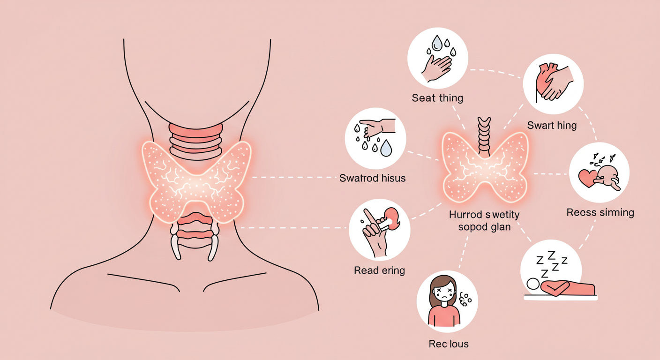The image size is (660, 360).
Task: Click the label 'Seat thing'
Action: point(437,98)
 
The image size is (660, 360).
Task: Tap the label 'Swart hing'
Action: point(552,125)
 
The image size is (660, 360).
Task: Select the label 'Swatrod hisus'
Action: point(372,178)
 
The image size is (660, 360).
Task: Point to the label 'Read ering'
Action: point(379,270)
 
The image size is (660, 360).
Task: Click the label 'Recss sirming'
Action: point(600,212)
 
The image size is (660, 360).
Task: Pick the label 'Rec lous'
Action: point(448,344)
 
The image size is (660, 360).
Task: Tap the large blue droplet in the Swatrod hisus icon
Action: point(386,149)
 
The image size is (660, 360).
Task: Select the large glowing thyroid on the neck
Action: point(196,179)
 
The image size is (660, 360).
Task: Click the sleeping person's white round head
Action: point(532,284)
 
